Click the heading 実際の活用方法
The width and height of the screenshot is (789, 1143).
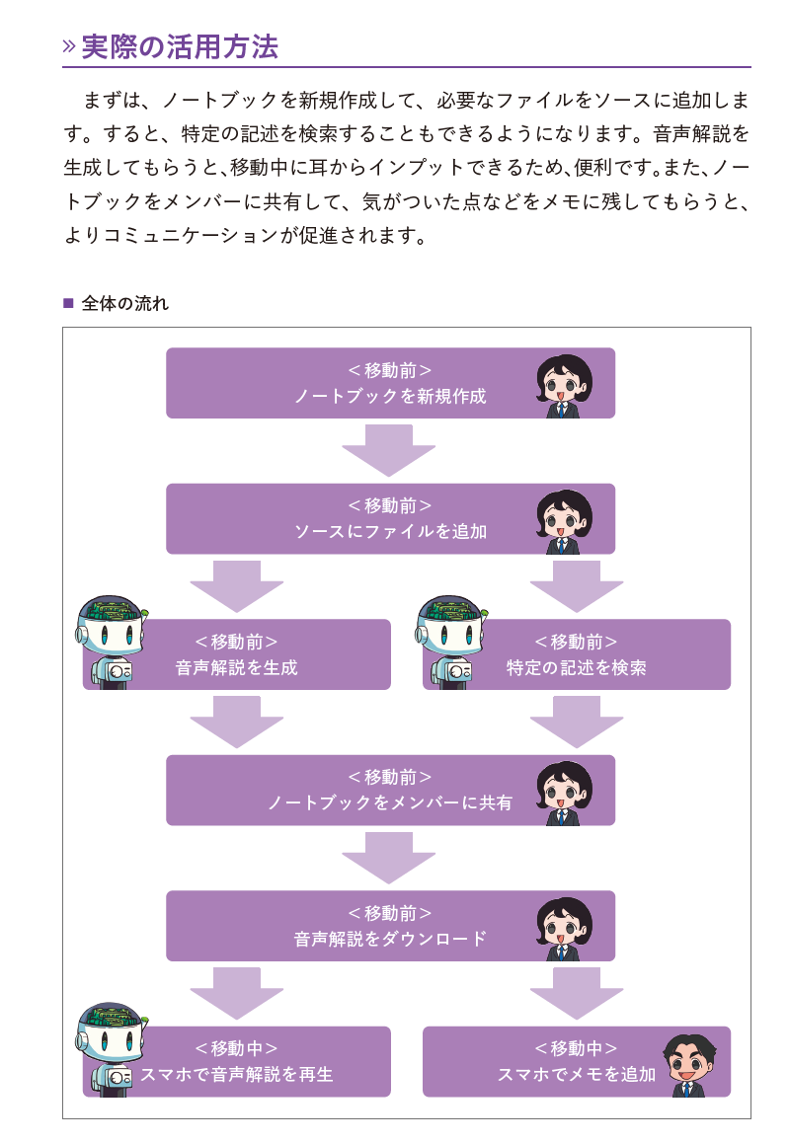(x=180, y=46)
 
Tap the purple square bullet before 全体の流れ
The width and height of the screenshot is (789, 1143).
(x=68, y=303)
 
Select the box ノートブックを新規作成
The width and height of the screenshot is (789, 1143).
(x=390, y=383)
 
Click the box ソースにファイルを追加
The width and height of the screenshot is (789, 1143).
(x=390, y=518)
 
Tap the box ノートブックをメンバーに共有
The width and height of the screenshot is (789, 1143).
(x=390, y=790)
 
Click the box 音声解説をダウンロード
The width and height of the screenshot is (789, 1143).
(x=390, y=926)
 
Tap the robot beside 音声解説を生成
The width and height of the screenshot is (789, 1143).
(x=111, y=640)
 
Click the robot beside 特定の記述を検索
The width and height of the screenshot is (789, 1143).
(x=450, y=640)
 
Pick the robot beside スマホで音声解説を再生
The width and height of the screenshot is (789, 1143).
(x=111, y=1048)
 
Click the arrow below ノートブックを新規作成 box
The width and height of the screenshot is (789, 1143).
(x=389, y=450)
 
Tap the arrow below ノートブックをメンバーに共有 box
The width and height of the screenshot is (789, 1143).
(x=389, y=858)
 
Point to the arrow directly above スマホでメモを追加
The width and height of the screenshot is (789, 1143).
(x=577, y=993)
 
